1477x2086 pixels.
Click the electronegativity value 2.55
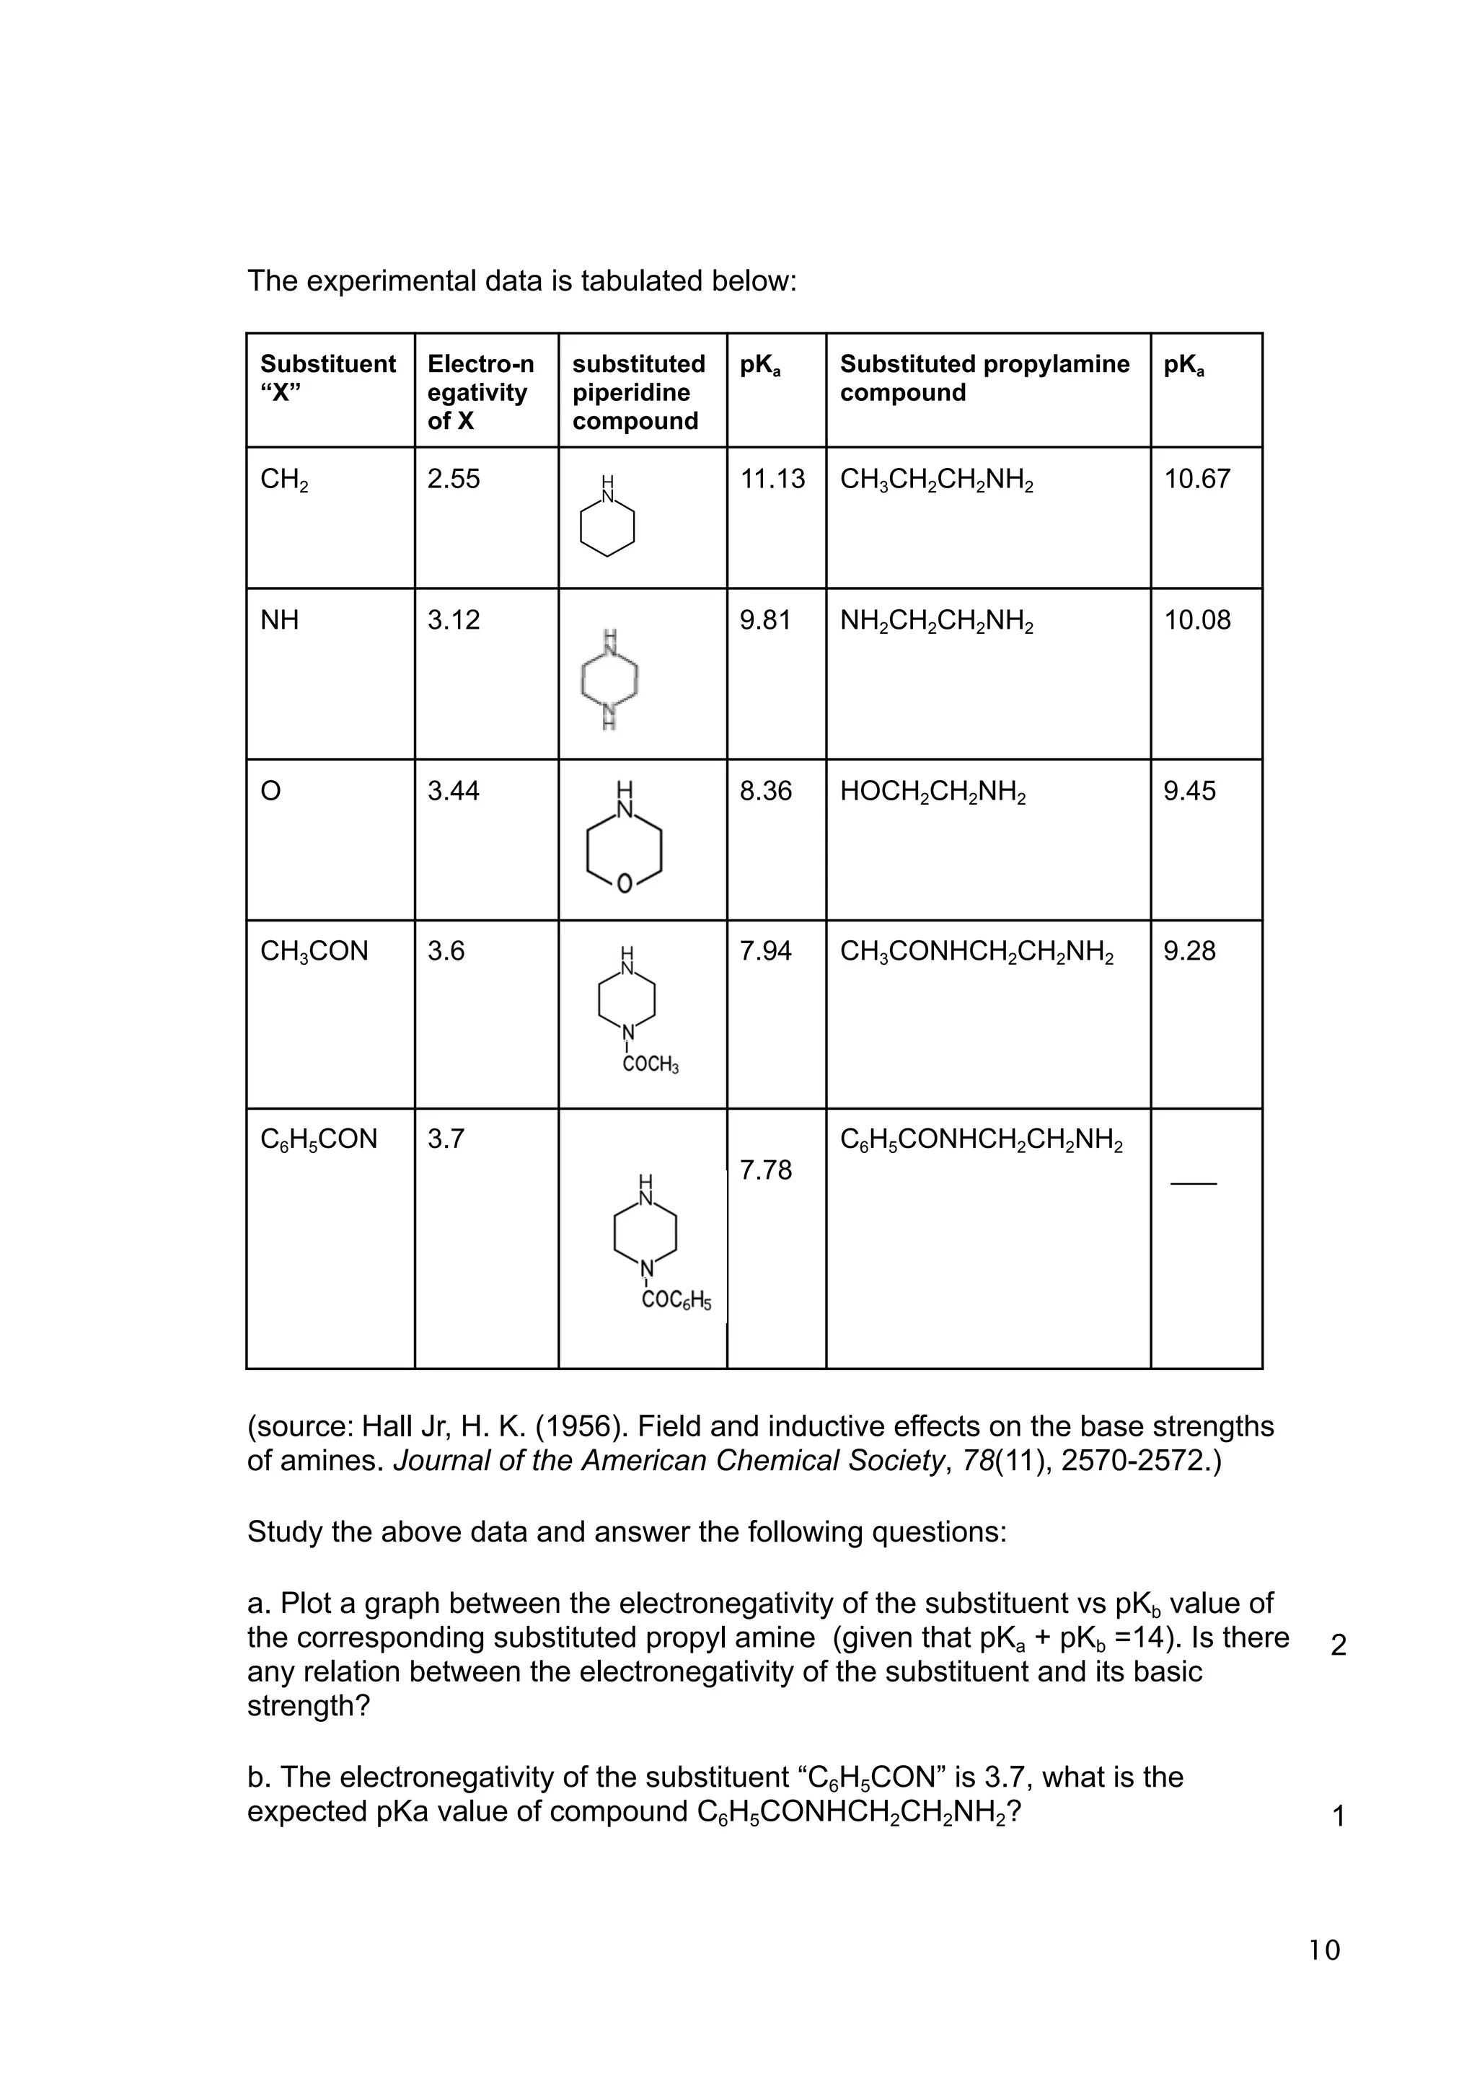click(453, 479)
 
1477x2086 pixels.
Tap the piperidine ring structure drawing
click(607, 519)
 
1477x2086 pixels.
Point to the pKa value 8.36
click(765, 791)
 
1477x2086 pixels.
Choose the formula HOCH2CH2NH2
click(933, 792)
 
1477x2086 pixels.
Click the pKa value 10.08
click(1197, 620)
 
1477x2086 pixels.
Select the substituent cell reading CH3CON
click(314, 952)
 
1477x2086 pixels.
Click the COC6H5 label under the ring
click(676, 1301)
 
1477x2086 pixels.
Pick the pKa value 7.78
click(765, 1170)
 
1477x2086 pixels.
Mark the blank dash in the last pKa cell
click(1194, 1183)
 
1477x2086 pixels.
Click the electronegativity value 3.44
click(453, 791)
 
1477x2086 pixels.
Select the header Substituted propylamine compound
click(984, 379)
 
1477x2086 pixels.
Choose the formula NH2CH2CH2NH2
click(936, 621)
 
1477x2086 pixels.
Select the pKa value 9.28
click(1189, 952)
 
